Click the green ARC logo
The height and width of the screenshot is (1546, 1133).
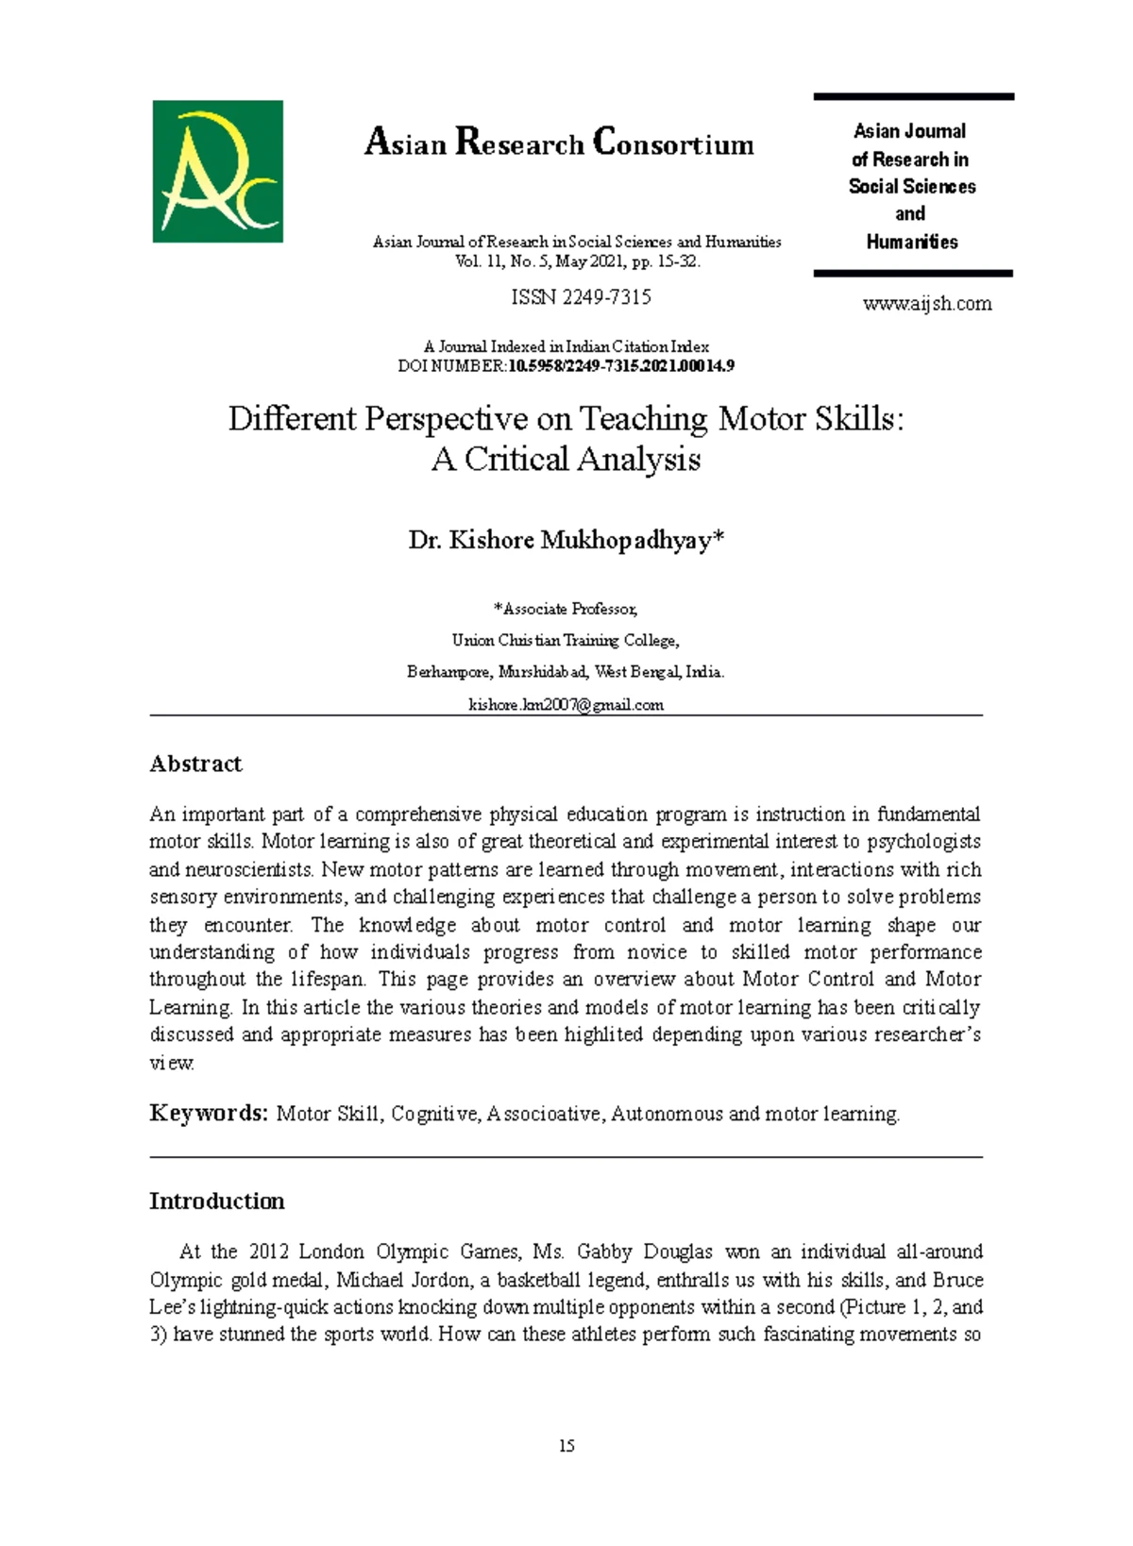217,171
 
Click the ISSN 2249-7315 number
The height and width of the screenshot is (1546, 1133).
581,297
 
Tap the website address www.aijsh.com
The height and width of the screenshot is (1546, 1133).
926,304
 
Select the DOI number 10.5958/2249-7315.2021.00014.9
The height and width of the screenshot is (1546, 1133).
621,366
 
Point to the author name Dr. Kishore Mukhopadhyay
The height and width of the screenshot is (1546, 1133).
566,540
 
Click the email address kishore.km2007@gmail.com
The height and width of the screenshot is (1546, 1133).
566,705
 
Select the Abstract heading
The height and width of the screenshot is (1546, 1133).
195,764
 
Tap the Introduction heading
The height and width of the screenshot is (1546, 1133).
216,1201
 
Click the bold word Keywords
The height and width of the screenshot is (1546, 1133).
209,1114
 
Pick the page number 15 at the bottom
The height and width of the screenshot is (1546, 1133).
566,1446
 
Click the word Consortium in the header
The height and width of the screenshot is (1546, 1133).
673,143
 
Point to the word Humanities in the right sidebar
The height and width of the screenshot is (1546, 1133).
912,243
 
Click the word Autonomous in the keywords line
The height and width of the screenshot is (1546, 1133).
668,1114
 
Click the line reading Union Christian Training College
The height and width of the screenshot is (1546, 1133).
566,641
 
